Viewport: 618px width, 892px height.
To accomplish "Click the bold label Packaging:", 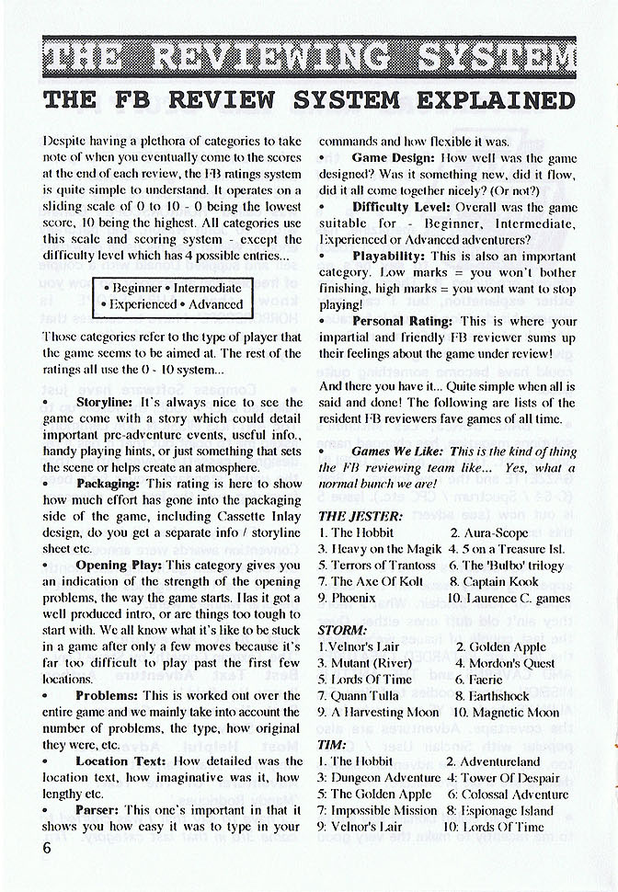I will pos(109,483).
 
